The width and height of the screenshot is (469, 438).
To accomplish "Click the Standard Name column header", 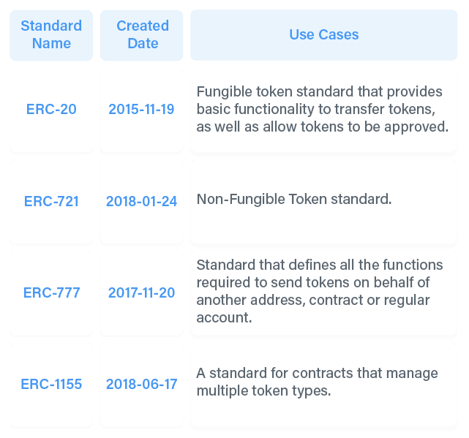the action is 51,34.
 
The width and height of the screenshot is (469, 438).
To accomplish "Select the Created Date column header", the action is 143,34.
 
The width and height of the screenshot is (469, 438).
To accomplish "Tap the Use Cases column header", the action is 324,34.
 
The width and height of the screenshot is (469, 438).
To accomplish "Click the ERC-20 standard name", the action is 51,109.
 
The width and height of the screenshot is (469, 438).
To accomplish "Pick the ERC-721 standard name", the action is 51,201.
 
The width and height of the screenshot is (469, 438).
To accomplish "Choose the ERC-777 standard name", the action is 51,292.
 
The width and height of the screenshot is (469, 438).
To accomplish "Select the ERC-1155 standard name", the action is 51,384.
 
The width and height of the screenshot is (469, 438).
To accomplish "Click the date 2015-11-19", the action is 141,109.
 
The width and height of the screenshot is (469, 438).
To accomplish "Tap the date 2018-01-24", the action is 141,201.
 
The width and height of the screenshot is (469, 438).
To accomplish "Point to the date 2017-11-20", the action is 141,292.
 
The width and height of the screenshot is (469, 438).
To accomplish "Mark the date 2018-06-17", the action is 141,384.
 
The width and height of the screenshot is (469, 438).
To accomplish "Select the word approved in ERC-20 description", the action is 416,127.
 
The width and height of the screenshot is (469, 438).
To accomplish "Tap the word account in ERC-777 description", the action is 224,318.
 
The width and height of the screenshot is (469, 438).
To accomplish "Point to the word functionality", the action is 274,110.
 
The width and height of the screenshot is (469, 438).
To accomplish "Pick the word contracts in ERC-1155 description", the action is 322,374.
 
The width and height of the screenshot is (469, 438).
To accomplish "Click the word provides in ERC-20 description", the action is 414,92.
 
